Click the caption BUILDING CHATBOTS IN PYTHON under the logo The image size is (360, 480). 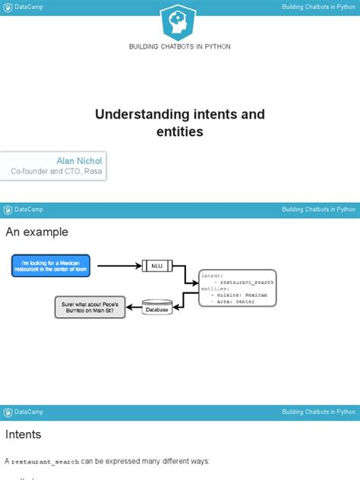[x=180, y=46]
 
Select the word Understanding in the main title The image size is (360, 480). [x=141, y=114]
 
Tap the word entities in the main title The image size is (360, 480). [x=180, y=131]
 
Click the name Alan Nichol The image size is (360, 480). [x=79, y=161]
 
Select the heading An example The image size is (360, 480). [x=36, y=232]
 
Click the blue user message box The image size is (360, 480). [x=51, y=265]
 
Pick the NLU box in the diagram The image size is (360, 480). [x=157, y=266]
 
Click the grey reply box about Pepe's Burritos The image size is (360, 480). [x=89, y=307]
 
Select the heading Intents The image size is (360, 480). [x=24, y=435]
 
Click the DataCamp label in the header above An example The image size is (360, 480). [x=29, y=209]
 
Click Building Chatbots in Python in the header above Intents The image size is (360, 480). [x=318, y=412]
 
